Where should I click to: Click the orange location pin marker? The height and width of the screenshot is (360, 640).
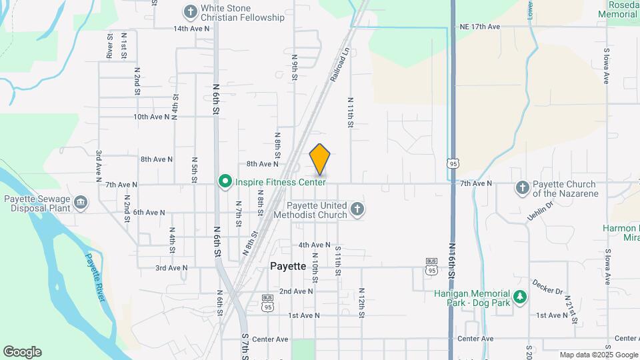pos(320,159)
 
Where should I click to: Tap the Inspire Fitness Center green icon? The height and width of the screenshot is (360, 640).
pos(225,181)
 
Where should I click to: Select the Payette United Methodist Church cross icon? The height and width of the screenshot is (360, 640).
pos(357,210)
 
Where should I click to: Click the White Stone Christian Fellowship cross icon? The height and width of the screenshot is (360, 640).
pos(191,12)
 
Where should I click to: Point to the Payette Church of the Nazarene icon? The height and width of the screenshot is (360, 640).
pos(522,188)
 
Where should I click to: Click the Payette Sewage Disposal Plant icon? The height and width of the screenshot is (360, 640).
pos(81,203)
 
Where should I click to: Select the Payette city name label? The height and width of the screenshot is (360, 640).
pos(288,266)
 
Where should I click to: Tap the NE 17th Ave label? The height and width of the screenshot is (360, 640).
pos(479,27)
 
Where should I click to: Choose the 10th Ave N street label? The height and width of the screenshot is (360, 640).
pos(152,117)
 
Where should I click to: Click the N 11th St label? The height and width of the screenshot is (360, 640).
pos(350,111)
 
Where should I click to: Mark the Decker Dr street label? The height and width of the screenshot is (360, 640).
pos(547,286)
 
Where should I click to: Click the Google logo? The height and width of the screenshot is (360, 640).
pos(22,352)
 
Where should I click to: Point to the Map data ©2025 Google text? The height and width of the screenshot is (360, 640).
pos(599,355)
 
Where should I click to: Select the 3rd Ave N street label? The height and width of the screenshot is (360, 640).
pos(171,268)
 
